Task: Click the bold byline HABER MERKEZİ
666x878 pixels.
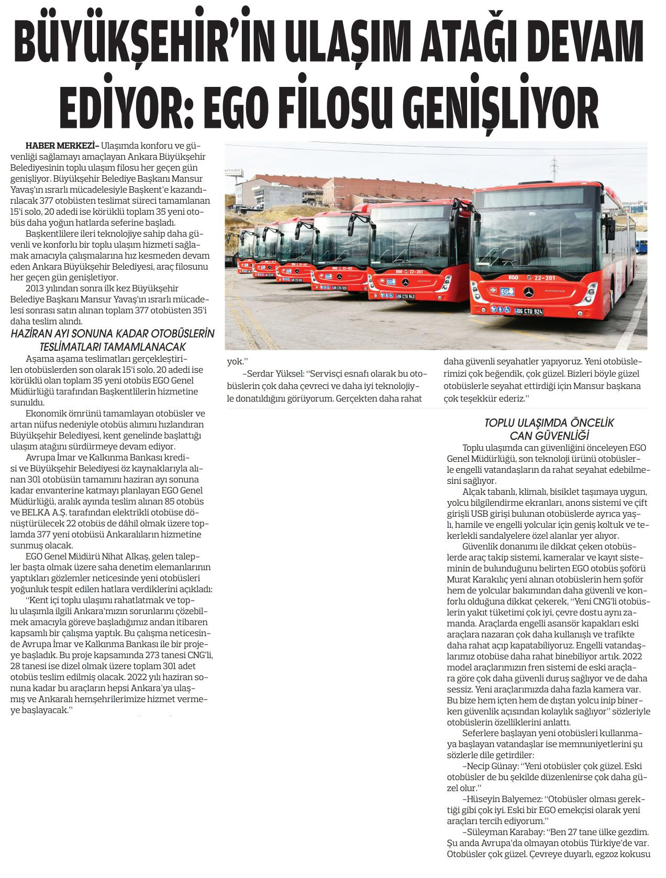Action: [x=61, y=146]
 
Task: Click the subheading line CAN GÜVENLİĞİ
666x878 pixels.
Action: [x=549, y=435]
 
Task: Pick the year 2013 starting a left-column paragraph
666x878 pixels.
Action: [x=35, y=288]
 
